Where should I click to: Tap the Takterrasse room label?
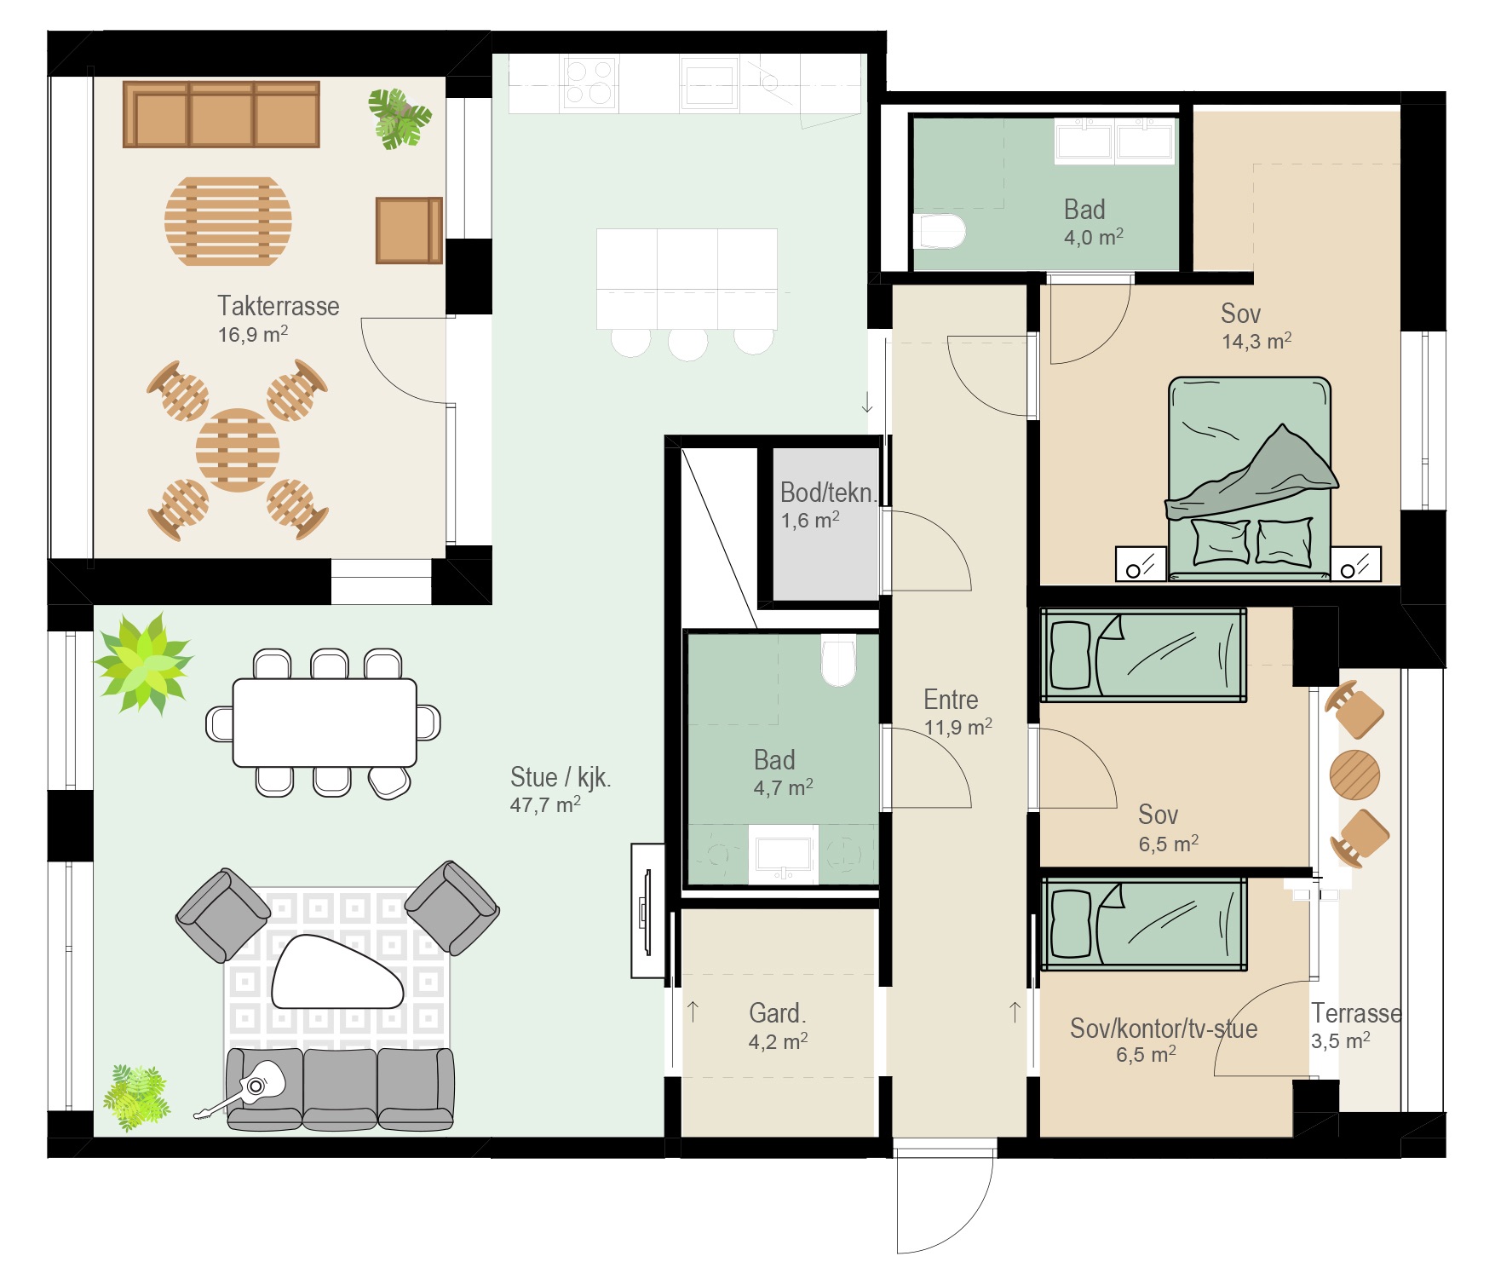click(x=279, y=306)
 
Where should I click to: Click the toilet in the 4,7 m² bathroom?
click(x=838, y=660)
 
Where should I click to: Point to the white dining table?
click(x=325, y=723)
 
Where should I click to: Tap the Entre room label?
click(x=951, y=700)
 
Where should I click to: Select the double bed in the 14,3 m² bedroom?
click(x=1250, y=478)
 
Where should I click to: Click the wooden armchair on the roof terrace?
click(x=409, y=230)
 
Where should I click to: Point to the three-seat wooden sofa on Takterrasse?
click(x=221, y=114)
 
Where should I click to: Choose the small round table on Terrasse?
click(x=1354, y=774)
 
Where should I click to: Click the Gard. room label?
click(x=777, y=1013)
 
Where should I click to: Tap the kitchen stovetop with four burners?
click(x=589, y=83)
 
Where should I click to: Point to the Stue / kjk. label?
click(x=561, y=777)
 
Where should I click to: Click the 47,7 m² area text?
click(x=545, y=804)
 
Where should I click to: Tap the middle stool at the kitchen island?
click(x=688, y=343)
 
